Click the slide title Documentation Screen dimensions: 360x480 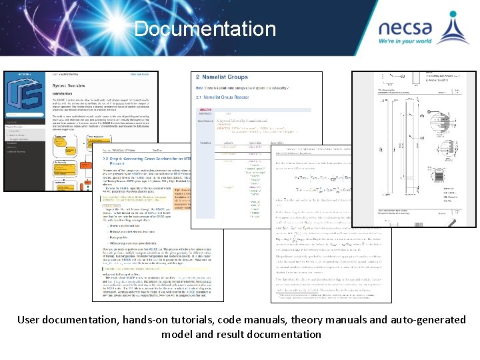point(205,29)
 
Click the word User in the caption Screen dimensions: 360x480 point(31,320)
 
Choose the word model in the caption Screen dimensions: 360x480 point(177,335)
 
